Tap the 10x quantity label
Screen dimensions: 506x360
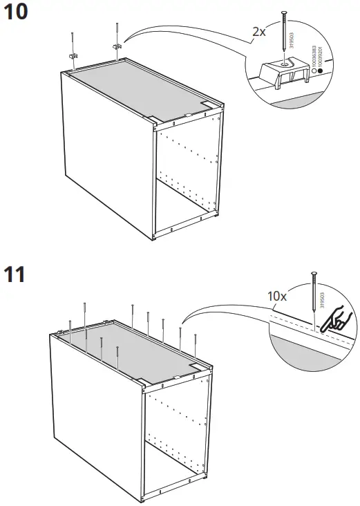(x=278, y=295)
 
